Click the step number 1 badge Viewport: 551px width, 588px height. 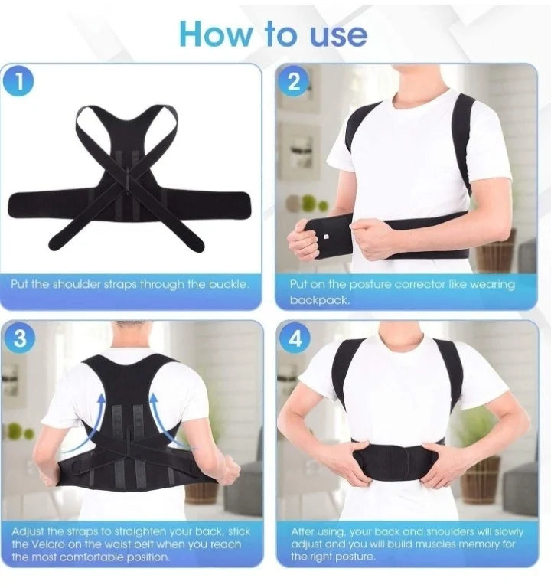click(x=18, y=80)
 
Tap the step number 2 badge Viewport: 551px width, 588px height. click(x=294, y=80)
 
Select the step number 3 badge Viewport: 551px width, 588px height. click(x=20, y=338)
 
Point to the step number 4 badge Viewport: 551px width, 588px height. click(x=295, y=338)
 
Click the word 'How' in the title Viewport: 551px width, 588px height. click(x=216, y=34)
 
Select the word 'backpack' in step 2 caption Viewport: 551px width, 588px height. click(x=318, y=300)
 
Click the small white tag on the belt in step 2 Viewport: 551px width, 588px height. click(x=325, y=237)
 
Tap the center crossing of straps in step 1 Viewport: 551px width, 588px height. click(x=128, y=179)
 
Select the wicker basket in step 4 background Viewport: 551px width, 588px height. click(x=481, y=481)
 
